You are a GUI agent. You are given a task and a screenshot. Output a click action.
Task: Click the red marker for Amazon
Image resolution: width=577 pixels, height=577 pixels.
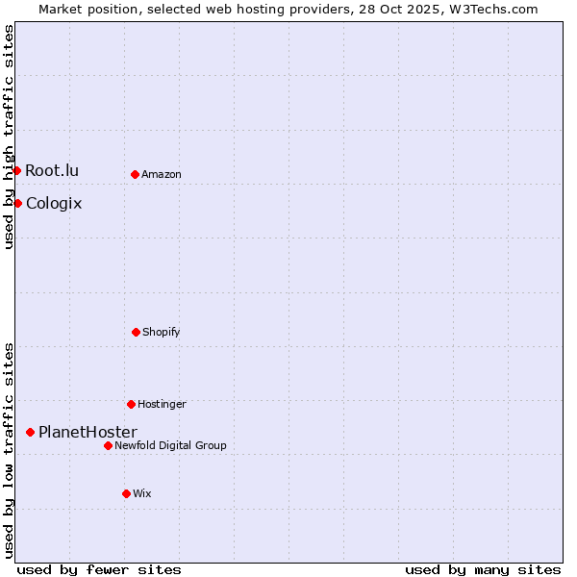(x=135, y=174)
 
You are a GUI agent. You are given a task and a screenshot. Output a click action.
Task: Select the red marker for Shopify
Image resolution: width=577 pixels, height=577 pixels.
(x=136, y=332)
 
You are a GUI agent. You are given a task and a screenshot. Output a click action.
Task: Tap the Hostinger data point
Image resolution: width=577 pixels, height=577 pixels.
(x=131, y=404)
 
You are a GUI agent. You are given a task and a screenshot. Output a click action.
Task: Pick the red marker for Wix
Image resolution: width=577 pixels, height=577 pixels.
(x=126, y=493)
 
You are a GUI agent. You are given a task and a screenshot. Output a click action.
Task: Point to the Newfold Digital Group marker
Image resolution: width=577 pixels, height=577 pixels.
(x=108, y=445)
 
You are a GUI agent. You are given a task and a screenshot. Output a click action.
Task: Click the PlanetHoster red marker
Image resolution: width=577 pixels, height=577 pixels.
(x=30, y=433)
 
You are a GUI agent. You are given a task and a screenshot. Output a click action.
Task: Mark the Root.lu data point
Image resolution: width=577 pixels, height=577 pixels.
(x=16, y=171)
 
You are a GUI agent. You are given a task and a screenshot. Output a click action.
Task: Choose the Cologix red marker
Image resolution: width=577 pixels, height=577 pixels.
(x=17, y=203)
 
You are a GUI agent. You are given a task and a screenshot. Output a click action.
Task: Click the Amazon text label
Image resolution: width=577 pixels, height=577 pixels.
(x=162, y=174)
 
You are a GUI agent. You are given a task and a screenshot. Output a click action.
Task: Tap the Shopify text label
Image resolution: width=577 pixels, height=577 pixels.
(x=162, y=332)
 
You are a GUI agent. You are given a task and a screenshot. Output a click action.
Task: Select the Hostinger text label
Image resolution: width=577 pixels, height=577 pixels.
(x=162, y=404)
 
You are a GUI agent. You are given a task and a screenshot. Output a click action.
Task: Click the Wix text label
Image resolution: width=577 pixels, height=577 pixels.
(x=142, y=493)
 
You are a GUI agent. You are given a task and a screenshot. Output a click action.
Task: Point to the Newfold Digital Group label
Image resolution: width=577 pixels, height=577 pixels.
(x=170, y=445)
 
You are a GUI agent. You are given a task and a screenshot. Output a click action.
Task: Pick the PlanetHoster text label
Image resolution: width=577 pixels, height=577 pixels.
(x=88, y=433)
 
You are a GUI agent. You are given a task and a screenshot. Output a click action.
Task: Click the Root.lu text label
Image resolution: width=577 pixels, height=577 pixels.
(x=52, y=171)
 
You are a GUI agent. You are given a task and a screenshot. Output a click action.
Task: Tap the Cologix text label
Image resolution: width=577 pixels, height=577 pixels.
(x=54, y=203)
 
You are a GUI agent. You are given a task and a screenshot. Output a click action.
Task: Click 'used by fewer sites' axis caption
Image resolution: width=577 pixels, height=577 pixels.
(x=99, y=569)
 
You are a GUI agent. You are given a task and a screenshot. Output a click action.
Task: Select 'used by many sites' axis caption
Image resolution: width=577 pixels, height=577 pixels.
(x=483, y=569)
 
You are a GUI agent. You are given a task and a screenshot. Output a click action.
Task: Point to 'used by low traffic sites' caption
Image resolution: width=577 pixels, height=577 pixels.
(x=9, y=450)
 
